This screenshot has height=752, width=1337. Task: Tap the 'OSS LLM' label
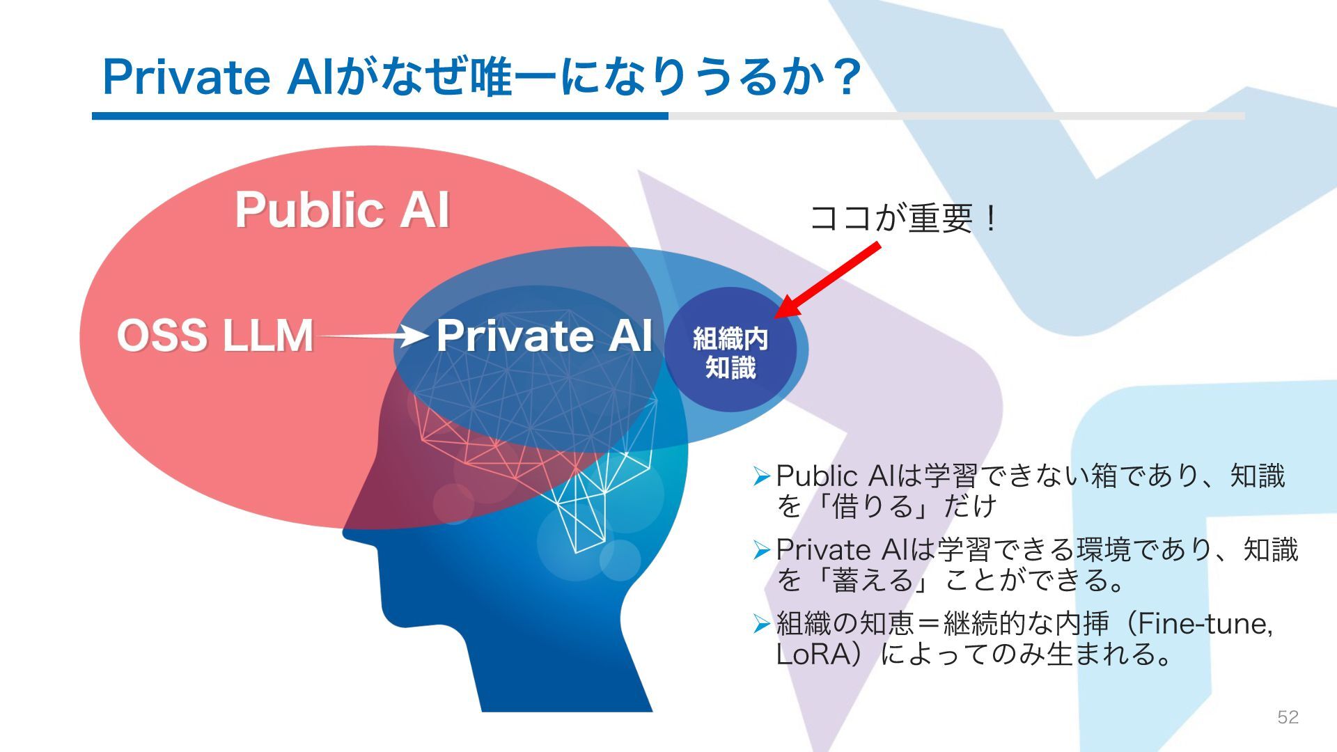[214, 336]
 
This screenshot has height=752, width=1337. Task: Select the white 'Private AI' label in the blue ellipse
[544, 336]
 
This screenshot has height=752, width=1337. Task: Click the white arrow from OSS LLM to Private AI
[373, 336]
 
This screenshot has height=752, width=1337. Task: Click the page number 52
[1288, 717]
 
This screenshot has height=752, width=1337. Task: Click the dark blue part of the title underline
[380, 116]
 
